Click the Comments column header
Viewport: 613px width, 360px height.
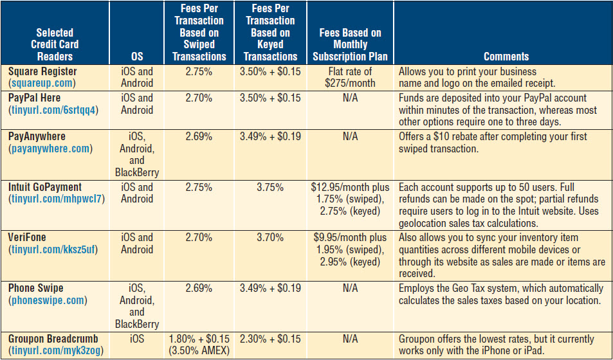tap(506, 56)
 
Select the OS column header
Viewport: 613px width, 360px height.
tap(136, 56)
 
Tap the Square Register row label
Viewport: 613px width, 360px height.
tap(42, 71)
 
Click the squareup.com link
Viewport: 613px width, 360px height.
tap(42, 83)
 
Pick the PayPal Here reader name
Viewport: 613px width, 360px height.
tap(35, 98)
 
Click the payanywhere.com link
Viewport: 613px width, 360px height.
tap(50, 148)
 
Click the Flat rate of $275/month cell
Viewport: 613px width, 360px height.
tap(351, 77)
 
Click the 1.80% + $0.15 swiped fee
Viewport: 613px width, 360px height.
tap(199, 339)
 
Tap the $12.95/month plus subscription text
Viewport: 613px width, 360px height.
tap(351, 188)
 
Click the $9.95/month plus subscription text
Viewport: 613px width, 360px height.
tap(351, 238)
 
